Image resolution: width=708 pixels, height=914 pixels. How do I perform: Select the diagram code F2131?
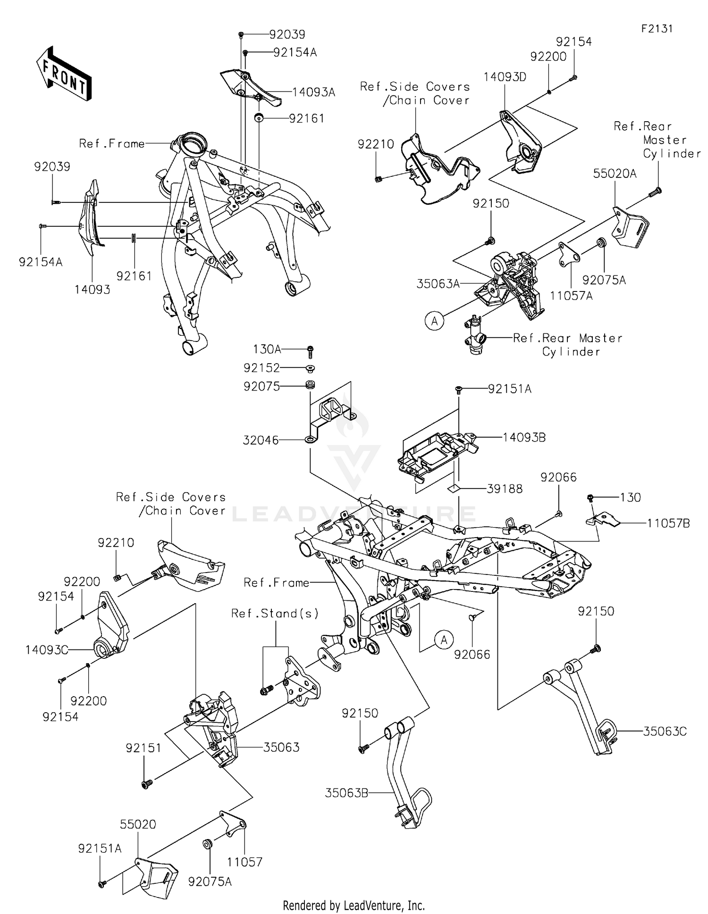(657, 29)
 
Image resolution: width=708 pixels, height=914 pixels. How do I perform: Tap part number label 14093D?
(505, 77)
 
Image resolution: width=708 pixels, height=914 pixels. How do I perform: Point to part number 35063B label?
(346, 793)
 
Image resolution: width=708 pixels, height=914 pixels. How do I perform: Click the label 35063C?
(665, 731)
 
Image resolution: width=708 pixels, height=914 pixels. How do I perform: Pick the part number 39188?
(505, 489)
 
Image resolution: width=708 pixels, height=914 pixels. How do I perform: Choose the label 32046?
(261, 440)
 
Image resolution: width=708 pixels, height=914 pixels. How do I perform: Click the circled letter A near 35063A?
(435, 321)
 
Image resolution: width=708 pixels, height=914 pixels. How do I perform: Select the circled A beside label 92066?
(444, 640)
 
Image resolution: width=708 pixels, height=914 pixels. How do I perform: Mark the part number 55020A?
(615, 174)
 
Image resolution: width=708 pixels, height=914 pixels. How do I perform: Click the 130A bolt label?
(267, 349)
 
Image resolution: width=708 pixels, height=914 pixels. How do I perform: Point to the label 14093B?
(524, 437)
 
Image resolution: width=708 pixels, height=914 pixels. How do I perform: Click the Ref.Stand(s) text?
(275, 613)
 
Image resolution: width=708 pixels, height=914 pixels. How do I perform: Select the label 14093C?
(46, 650)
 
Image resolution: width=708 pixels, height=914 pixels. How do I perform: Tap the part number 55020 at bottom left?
(138, 824)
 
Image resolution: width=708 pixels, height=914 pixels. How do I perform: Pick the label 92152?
(261, 367)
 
